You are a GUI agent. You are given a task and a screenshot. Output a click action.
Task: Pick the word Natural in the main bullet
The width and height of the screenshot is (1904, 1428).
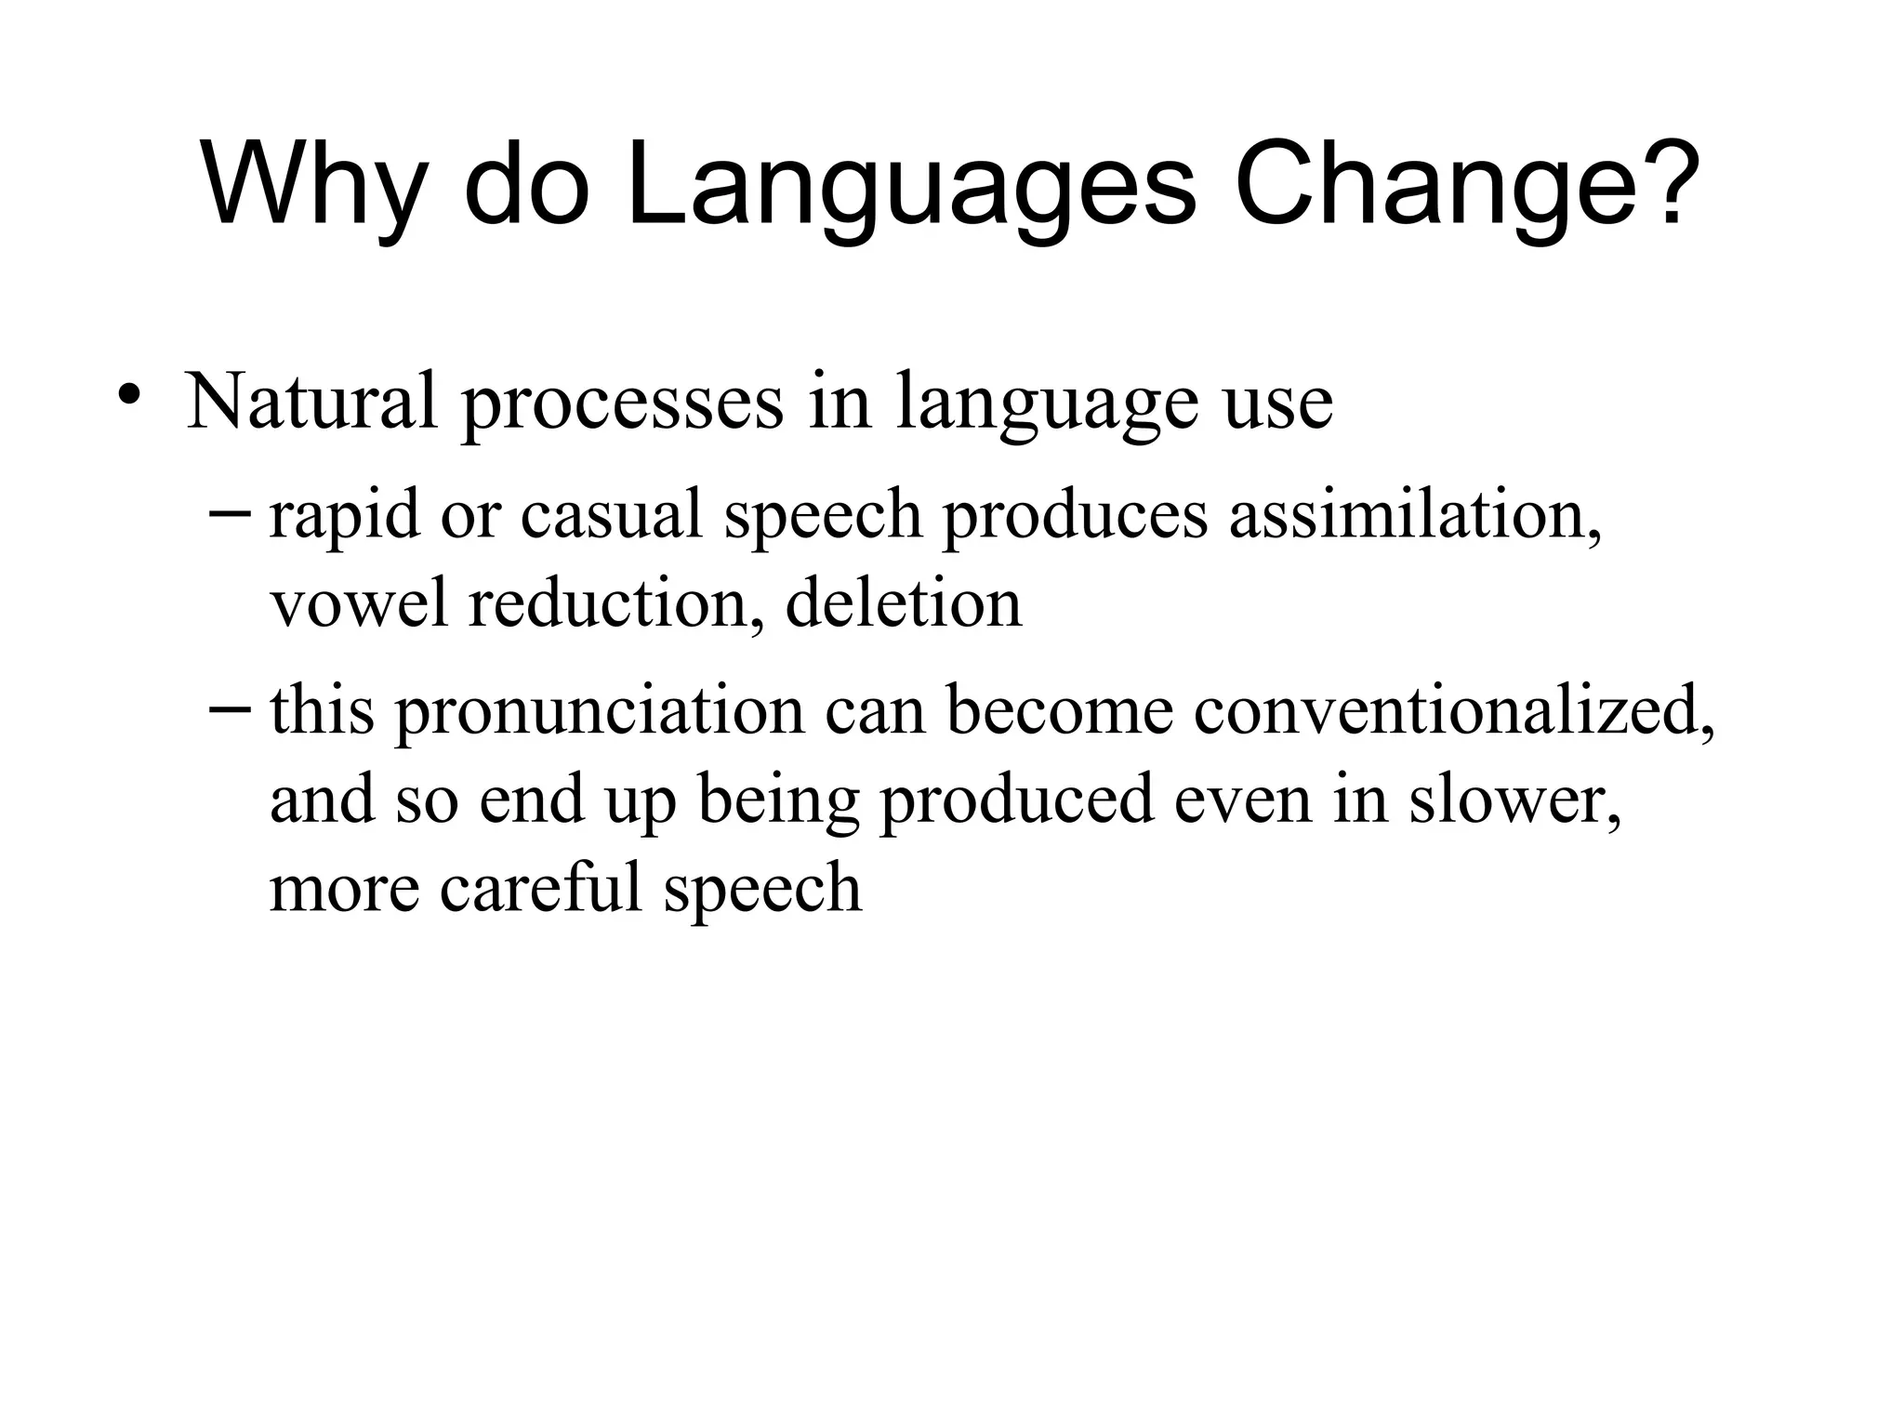tap(311, 401)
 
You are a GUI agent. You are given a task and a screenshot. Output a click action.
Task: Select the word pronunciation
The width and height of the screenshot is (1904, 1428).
tap(600, 714)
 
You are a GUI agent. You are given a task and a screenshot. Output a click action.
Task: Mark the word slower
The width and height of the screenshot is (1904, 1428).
tap(1514, 800)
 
